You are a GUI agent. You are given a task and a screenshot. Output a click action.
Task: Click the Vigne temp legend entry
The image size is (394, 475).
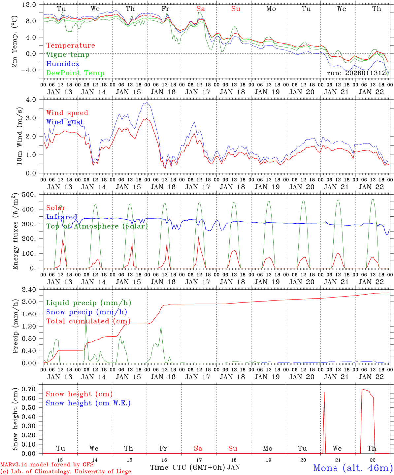tap(68, 55)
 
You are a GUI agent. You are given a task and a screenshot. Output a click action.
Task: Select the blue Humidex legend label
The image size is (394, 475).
tap(58, 64)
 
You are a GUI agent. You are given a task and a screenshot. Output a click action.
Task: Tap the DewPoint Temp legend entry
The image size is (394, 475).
tap(75, 73)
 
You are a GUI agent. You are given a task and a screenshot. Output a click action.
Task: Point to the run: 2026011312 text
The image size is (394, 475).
tap(356, 73)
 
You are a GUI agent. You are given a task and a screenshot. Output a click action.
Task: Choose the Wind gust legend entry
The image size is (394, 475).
tap(65, 122)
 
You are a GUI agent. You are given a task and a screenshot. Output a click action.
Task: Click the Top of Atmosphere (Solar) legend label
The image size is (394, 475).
tap(97, 226)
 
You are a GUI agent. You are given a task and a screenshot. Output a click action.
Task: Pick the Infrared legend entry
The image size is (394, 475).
tap(62, 217)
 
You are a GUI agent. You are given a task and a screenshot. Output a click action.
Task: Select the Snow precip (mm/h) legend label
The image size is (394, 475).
tap(86, 312)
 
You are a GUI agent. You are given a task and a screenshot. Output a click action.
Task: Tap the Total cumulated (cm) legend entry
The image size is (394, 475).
tap(88, 321)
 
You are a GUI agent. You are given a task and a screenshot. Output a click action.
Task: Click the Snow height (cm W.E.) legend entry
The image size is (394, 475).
tap(88, 403)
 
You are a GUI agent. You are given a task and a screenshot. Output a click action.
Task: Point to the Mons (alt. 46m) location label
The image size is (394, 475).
tap(353, 468)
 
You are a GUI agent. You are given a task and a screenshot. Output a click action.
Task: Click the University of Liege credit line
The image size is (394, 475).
tap(66, 472)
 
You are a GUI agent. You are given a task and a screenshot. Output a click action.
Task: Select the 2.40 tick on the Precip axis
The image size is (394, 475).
tap(29, 290)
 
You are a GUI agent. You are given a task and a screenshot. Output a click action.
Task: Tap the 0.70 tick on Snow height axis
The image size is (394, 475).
tap(29, 389)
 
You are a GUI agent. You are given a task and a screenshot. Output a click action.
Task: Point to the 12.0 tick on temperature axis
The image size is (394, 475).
tap(29, 5)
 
